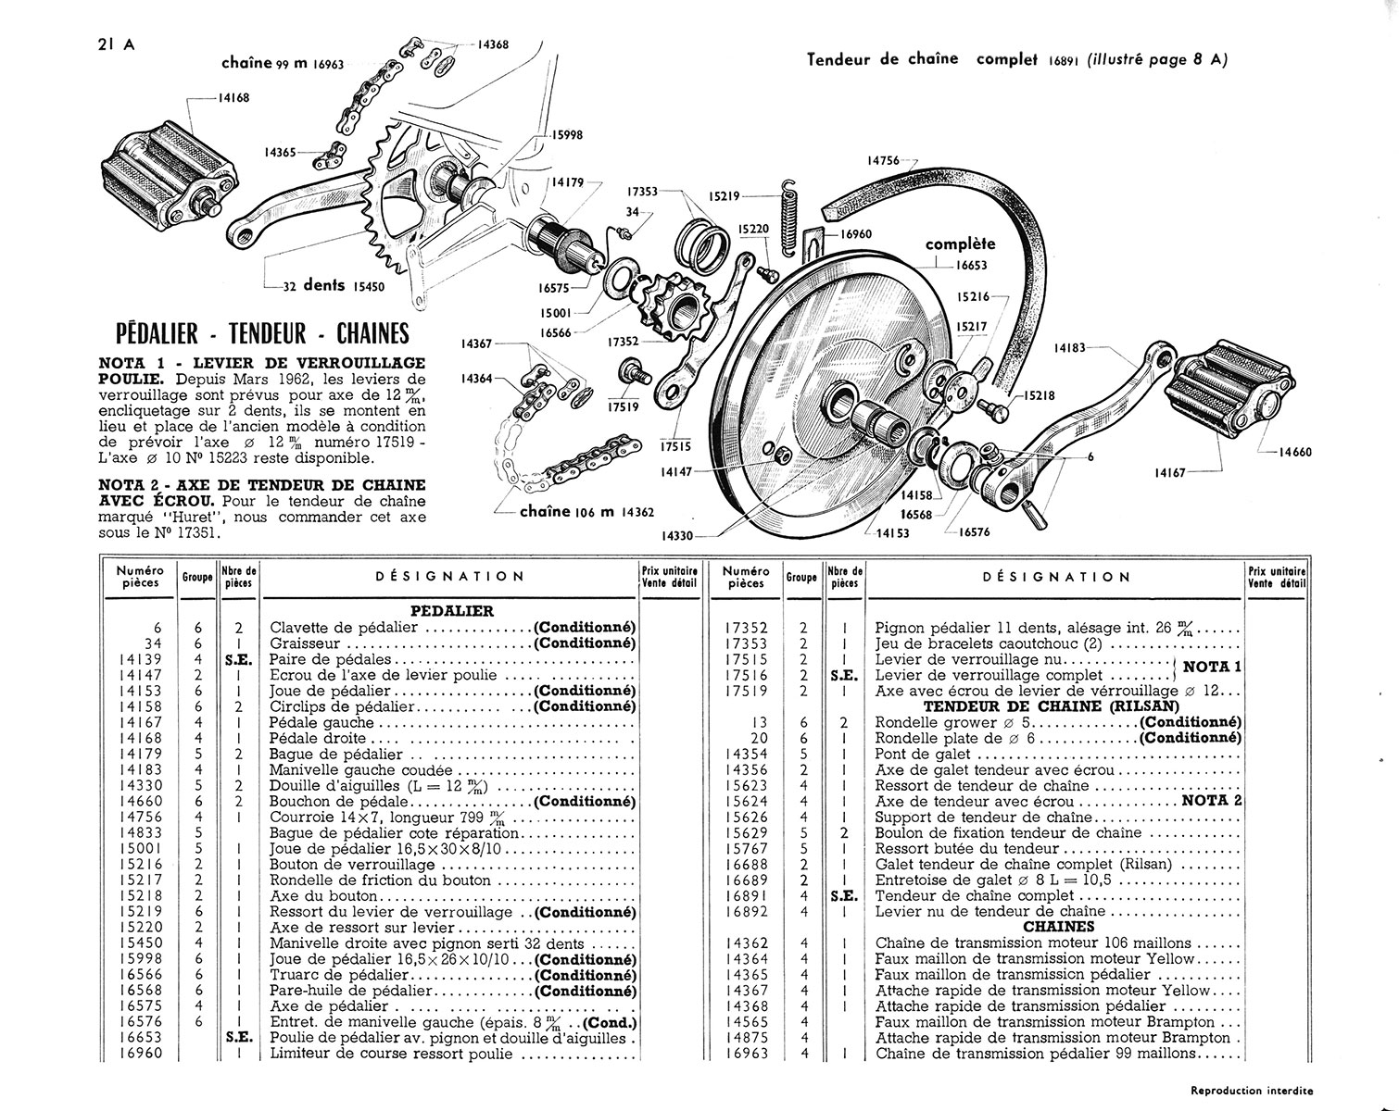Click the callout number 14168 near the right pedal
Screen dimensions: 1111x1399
[x=233, y=97]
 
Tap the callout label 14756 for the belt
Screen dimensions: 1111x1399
[x=886, y=160]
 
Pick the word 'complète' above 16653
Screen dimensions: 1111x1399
[x=961, y=244]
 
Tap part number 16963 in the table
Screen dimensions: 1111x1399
[x=746, y=1054]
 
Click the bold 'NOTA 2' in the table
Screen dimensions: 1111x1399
[x=1211, y=801]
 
